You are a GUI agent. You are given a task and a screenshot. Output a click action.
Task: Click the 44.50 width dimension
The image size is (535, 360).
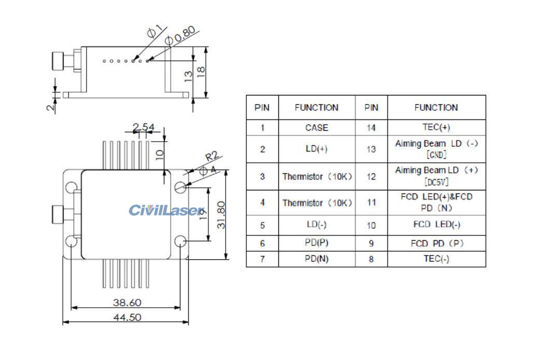(x=128, y=317)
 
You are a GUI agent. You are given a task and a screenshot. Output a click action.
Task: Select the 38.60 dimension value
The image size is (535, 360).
(x=128, y=302)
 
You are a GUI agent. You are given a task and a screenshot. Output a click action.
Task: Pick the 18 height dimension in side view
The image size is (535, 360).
(x=201, y=70)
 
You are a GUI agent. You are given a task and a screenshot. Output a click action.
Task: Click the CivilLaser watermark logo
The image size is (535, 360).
(x=166, y=210)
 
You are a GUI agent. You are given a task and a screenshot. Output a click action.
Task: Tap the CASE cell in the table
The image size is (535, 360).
(x=316, y=128)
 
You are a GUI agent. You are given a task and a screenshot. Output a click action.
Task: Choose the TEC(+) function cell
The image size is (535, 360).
(x=436, y=128)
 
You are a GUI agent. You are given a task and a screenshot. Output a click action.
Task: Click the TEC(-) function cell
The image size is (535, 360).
(x=436, y=259)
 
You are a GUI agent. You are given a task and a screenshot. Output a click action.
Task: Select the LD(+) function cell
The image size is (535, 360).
(x=316, y=149)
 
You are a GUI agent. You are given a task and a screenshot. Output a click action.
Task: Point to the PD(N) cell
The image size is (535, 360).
(x=316, y=259)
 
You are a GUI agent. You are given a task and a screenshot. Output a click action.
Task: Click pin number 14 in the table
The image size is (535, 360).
(x=371, y=128)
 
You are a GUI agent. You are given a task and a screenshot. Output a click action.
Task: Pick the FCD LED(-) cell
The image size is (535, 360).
(x=436, y=225)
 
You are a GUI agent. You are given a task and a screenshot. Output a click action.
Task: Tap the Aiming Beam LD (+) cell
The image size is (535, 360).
(x=436, y=176)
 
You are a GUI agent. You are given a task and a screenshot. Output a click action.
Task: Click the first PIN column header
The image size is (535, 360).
(x=262, y=107)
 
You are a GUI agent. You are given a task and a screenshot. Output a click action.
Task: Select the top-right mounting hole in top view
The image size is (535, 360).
(x=180, y=187)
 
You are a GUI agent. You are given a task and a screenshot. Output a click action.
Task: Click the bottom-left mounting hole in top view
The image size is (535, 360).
(x=71, y=241)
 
